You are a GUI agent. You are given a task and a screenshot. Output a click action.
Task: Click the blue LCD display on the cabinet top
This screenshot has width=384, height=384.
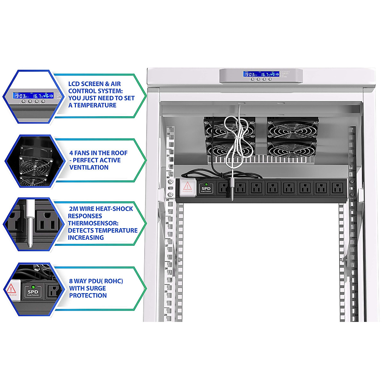point(261,74)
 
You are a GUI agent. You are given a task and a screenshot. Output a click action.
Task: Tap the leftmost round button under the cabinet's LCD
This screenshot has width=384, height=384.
point(252,79)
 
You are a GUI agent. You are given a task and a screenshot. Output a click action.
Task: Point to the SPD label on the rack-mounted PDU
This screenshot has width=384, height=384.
point(206,188)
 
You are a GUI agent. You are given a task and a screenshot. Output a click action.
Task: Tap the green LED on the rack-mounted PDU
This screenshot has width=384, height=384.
point(206,184)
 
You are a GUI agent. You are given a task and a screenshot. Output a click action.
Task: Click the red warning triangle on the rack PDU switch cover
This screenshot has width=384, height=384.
point(188,186)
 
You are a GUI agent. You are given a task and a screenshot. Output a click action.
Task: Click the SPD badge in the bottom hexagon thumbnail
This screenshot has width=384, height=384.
point(33,292)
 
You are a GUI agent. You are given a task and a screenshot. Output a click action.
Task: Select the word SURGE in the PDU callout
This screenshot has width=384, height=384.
point(96,288)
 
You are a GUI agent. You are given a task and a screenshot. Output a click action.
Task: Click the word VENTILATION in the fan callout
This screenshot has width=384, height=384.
point(89,167)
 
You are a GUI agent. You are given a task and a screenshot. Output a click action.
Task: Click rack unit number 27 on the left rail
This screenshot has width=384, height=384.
point(167,246)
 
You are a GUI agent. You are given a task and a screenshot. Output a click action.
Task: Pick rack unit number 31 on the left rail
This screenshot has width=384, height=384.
point(168,156)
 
